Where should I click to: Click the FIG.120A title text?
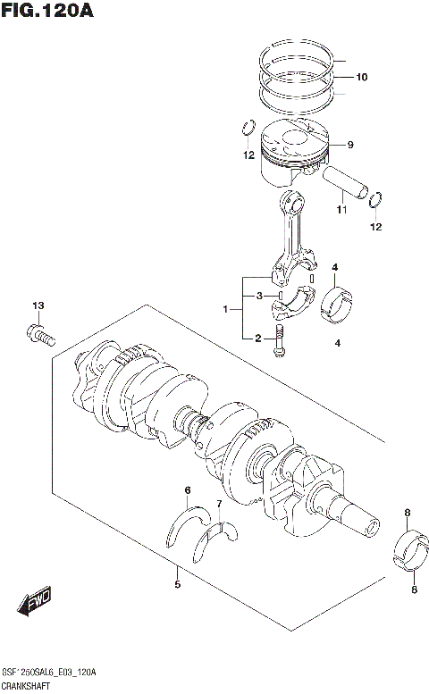point(47,11)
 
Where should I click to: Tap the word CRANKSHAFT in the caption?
point(27,686)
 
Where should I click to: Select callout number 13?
point(38,306)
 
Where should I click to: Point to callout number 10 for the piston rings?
point(360,77)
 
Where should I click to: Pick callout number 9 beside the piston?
point(350,145)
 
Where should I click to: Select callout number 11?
point(341,210)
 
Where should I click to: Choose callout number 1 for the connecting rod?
point(227,310)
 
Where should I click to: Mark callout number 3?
point(259,296)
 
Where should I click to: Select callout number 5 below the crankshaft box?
point(177,585)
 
